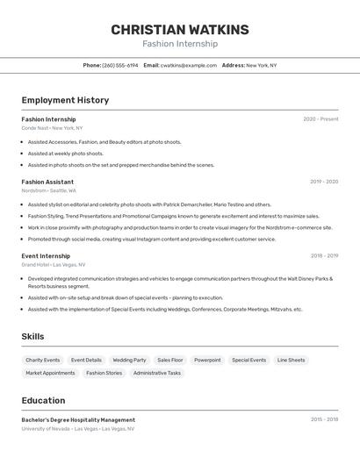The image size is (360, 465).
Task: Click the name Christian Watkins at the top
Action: pos(180,30)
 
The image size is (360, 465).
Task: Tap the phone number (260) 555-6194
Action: pos(120,65)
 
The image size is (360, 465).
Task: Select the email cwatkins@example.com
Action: pos(188,65)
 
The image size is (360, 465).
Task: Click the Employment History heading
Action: pos(65,100)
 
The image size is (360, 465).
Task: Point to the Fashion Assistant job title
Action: pos(48,182)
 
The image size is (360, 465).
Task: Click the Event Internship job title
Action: pos(46,256)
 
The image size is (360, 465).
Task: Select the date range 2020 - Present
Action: pos(320,119)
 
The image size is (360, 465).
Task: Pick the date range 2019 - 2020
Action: pos(324,182)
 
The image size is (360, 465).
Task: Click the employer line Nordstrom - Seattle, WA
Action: pos(49,190)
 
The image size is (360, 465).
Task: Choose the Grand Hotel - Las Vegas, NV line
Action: pos(54,264)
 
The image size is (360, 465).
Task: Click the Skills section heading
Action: pos(32,336)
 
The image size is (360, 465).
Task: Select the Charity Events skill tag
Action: pos(43,360)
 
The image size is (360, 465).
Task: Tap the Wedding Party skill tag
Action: pos(129,360)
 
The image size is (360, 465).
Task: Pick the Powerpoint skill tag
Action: pos(207,360)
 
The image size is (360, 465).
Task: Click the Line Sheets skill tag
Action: pos(291,360)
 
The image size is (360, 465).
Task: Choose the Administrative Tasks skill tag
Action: pos(157,373)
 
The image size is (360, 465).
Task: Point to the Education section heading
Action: pos(43,400)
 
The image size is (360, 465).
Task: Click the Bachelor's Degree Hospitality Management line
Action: pos(78,420)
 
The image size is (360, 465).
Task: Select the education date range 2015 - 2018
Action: pos(324,420)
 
